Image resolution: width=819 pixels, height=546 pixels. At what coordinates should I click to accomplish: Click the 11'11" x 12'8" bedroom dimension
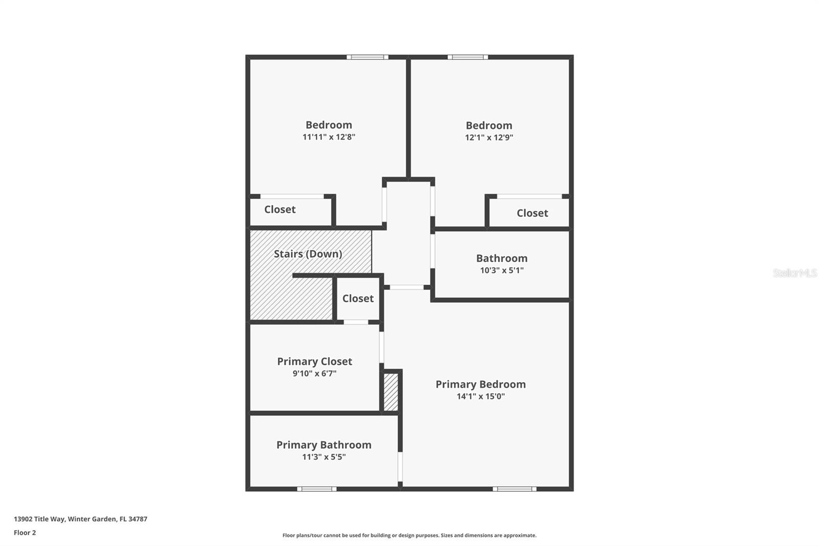[329, 137]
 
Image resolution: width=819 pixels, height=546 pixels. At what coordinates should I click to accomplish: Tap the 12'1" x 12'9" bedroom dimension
[489, 138]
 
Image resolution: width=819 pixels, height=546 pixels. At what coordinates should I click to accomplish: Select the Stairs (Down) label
[308, 254]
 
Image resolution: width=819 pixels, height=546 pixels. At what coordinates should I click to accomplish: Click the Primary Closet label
[314, 362]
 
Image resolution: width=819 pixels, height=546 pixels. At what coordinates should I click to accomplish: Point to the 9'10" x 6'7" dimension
[314, 374]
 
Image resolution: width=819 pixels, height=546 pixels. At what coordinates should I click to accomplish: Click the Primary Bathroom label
[324, 445]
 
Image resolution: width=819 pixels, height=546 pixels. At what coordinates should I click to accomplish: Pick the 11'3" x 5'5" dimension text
[324, 457]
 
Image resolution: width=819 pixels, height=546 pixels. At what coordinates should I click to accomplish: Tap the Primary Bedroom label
[480, 385]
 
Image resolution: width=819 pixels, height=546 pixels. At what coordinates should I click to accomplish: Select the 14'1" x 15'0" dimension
[480, 396]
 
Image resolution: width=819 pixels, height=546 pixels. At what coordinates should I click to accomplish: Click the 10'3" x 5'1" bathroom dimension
[502, 270]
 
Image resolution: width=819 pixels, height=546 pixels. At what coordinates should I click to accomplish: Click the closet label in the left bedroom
[279, 209]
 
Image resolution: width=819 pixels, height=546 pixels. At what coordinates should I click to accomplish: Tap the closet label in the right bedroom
[532, 213]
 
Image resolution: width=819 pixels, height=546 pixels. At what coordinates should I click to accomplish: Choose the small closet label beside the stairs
[358, 299]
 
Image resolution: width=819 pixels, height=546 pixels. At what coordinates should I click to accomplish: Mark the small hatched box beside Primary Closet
[391, 392]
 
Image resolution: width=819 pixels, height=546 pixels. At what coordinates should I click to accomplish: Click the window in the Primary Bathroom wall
[317, 489]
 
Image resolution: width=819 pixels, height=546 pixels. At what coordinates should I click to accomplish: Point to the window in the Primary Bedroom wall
[514, 489]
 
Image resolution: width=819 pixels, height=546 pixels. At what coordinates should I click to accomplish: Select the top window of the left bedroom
[367, 57]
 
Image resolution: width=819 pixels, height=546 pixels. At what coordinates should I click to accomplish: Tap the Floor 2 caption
[25, 533]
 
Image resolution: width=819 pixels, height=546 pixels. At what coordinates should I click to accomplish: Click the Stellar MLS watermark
[794, 273]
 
